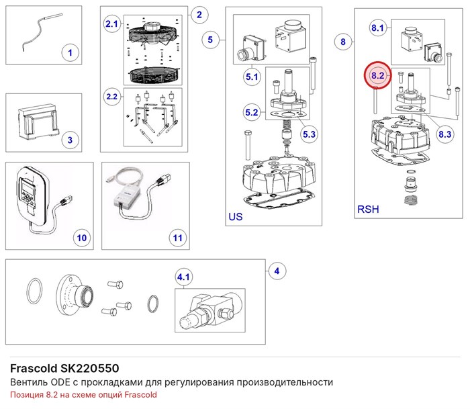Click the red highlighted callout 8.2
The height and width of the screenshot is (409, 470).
tap(377, 75)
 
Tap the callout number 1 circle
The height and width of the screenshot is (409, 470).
tap(70, 53)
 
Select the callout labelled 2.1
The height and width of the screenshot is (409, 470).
tap(112, 24)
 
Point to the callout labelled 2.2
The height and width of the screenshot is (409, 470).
tap(112, 97)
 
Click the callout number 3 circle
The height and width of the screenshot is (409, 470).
tap(70, 140)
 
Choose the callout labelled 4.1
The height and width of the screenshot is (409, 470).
tap(183, 277)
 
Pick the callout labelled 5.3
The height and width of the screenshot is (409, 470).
tap(309, 134)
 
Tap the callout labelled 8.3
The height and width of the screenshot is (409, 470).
tap(444, 134)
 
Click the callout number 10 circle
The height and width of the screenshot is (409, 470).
tap(82, 238)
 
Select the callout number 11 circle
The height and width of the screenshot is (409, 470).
tap(178, 238)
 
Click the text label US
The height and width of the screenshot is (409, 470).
tap(236, 216)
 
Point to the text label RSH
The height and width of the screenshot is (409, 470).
tap(368, 209)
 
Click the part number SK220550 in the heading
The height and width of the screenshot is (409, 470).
tap(89, 368)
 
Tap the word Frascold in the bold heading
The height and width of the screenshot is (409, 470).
tap(34, 368)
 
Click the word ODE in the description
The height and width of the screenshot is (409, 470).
tap(60, 382)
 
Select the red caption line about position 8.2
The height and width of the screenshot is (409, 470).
tap(83, 395)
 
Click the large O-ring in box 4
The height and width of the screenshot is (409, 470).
tap(34, 291)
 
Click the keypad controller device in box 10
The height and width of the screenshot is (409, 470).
tap(32, 195)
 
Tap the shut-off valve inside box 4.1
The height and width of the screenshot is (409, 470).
tap(206, 311)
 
